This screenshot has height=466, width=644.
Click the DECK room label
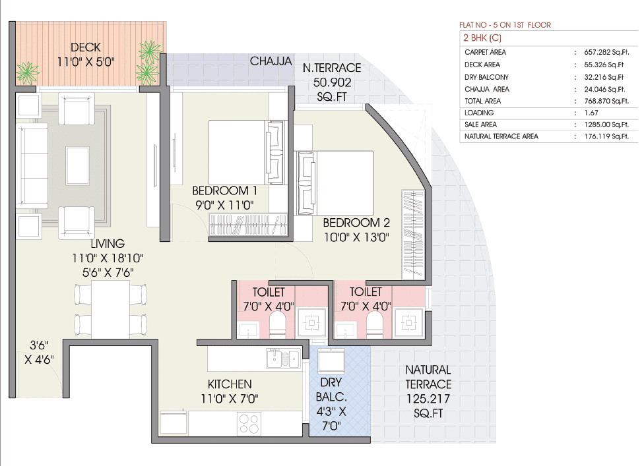tap(86, 47)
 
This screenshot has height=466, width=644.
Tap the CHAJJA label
tap(271, 61)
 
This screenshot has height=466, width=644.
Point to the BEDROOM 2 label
tap(352, 223)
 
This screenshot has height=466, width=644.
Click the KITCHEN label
tap(230, 384)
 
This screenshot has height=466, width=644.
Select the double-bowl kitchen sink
tap(282, 359)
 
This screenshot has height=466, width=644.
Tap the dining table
tap(110, 308)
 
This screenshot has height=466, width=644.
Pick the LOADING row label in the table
tap(479, 113)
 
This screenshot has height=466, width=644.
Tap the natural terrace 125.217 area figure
tap(428, 399)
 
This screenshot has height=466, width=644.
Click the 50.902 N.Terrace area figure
tap(332, 82)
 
